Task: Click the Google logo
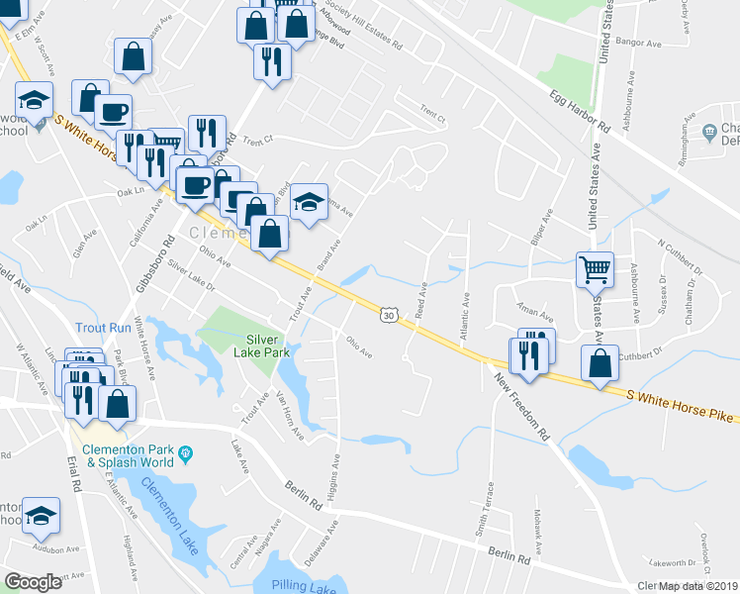(x=34, y=582)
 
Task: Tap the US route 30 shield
(x=389, y=314)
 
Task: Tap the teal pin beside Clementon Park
(x=185, y=455)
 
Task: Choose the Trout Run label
(x=103, y=327)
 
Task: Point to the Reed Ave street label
(x=422, y=297)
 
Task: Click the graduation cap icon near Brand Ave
(x=309, y=202)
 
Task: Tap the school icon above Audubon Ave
(x=41, y=516)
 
